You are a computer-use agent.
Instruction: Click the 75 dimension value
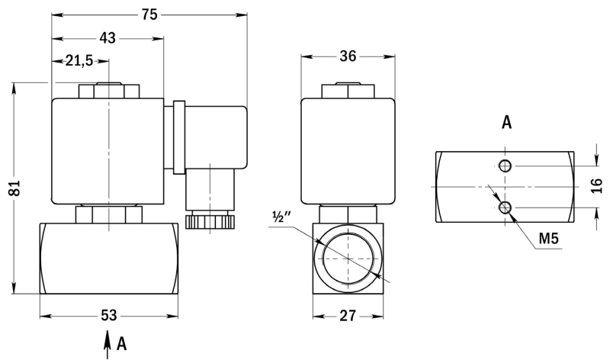(149, 14)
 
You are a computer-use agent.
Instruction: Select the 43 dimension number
(108, 38)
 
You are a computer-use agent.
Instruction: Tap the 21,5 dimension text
(79, 61)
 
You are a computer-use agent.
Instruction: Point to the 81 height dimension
(15, 188)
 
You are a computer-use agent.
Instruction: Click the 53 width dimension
(108, 315)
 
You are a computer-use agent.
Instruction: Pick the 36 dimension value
(348, 56)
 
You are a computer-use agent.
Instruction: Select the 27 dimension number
(348, 316)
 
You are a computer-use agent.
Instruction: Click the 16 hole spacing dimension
(596, 186)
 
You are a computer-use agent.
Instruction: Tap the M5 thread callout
(548, 239)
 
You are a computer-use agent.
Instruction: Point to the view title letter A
(506, 122)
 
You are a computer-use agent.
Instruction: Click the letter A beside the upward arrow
(122, 344)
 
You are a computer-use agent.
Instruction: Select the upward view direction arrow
(107, 345)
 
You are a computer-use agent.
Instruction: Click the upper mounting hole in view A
(506, 166)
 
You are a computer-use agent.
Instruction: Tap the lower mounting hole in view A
(506, 207)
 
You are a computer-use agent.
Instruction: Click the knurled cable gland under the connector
(210, 222)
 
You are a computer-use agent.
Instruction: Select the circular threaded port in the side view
(348, 259)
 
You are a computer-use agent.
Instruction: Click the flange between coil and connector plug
(178, 137)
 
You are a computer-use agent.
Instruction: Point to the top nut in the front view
(109, 91)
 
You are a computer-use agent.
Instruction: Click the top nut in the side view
(348, 91)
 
